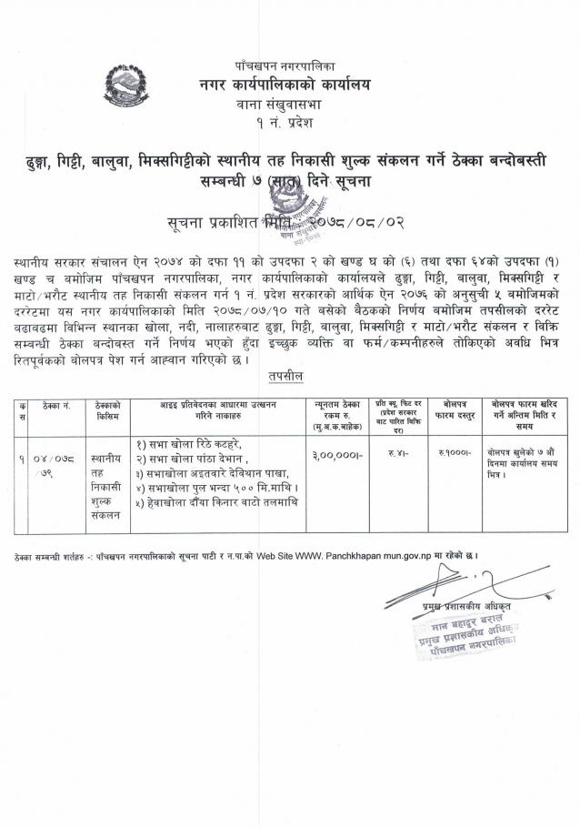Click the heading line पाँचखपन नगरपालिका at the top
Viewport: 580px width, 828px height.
point(285,66)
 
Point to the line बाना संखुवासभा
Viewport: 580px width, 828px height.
point(285,106)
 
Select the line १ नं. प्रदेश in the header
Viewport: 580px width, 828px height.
point(285,125)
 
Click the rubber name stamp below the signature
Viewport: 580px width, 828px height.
point(463,633)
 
